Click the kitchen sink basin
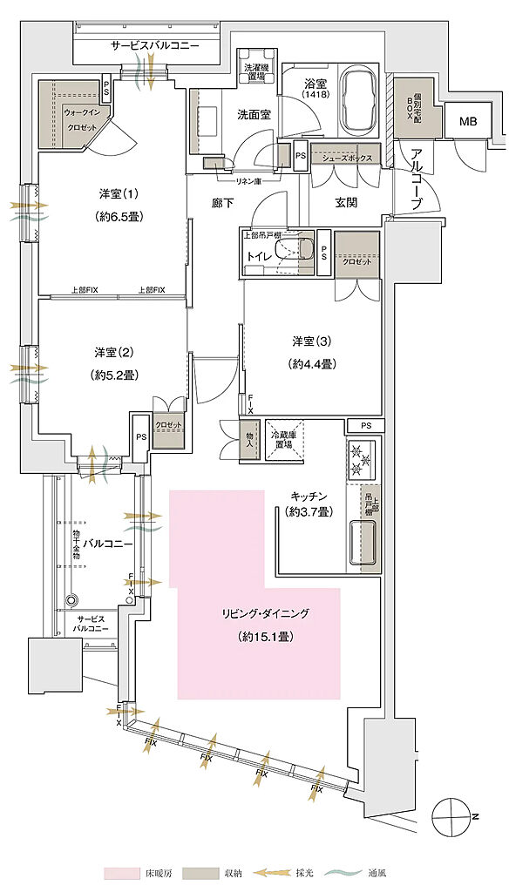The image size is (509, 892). point(363,542)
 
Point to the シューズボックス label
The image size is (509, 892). point(347,159)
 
